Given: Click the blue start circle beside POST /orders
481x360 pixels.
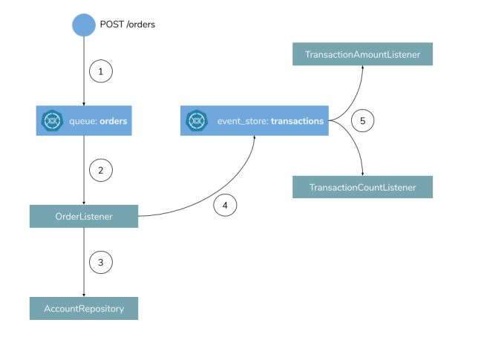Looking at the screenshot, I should tap(84, 24).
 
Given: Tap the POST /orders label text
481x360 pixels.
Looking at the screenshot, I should tap(128, 24).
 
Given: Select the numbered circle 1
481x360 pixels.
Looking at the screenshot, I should tap(100, 72).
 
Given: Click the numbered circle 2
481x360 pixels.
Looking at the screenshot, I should tap(100, 170).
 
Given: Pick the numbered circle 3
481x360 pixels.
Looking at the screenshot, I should tap(100, 262).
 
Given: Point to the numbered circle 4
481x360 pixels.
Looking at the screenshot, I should tap(226, 205).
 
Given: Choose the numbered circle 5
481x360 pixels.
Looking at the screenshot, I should tap(362, 120).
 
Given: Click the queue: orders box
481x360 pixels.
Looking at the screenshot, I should tap(84, 120).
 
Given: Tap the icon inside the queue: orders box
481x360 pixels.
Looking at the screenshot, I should tap(52, 120).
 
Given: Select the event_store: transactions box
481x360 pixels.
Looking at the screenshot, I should tap(255, 120).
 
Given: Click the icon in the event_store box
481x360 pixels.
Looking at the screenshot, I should tap(196, 120).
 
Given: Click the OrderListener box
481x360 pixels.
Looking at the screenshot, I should tap(84, 217).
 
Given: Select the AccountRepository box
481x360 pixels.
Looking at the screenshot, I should tap(84, 309).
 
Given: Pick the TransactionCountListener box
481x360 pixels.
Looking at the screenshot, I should tap(363, 187).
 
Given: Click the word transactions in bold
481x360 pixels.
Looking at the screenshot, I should tap(297, 120).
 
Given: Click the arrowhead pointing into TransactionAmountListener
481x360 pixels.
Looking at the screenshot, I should tap(363, 68).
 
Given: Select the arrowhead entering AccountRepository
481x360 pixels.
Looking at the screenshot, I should tap(84, 295).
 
